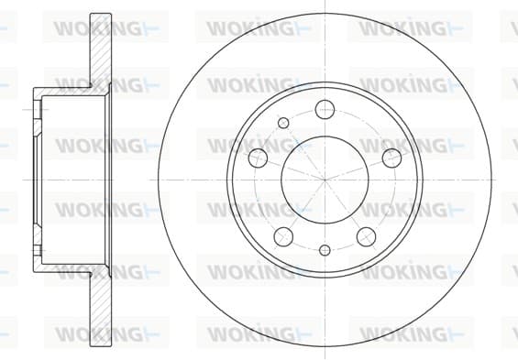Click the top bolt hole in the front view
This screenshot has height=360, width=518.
pos(325,109)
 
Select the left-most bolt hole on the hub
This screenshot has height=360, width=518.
pos(258,158)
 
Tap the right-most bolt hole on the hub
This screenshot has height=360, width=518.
pos(391,158)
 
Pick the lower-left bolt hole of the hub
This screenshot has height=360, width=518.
pos(283,236)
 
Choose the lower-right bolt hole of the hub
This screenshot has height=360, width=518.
pos(367,236)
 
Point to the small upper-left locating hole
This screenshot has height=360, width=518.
pos(283,123)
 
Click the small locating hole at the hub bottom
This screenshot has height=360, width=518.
pos(325,250)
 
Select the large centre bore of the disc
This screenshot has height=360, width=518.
pos(325,180)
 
